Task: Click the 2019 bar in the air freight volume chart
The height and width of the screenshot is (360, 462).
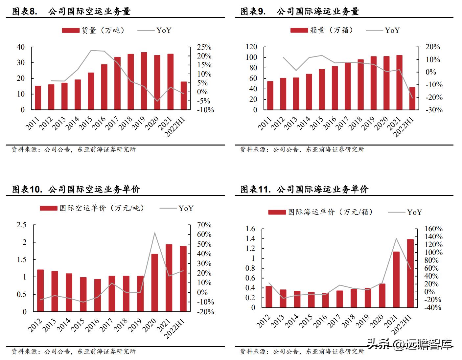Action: (144, 81)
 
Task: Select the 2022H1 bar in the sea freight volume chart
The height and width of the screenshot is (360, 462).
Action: (412, 99)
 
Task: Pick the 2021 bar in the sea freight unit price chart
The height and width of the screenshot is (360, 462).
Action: (396, 280)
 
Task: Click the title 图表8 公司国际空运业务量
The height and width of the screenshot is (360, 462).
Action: (71, 11)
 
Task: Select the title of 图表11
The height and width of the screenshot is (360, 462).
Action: (304, 189)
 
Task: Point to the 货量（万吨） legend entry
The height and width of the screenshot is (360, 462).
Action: (93, 31)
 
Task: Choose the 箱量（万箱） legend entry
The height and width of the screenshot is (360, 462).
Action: (322, 31)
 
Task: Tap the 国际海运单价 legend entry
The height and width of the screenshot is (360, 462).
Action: (321, 212)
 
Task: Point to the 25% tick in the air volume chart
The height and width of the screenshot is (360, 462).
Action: (204, 47)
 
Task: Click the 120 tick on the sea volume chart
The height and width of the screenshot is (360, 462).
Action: (251, 47)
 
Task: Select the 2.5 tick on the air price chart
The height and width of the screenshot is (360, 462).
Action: (22, 225)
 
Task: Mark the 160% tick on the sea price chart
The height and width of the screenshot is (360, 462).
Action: (433, 229)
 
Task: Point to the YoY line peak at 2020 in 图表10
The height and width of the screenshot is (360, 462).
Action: (154, 233)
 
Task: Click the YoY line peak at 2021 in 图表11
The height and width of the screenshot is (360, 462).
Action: (396, 238)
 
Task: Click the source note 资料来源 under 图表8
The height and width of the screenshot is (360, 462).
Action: (74, 149)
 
